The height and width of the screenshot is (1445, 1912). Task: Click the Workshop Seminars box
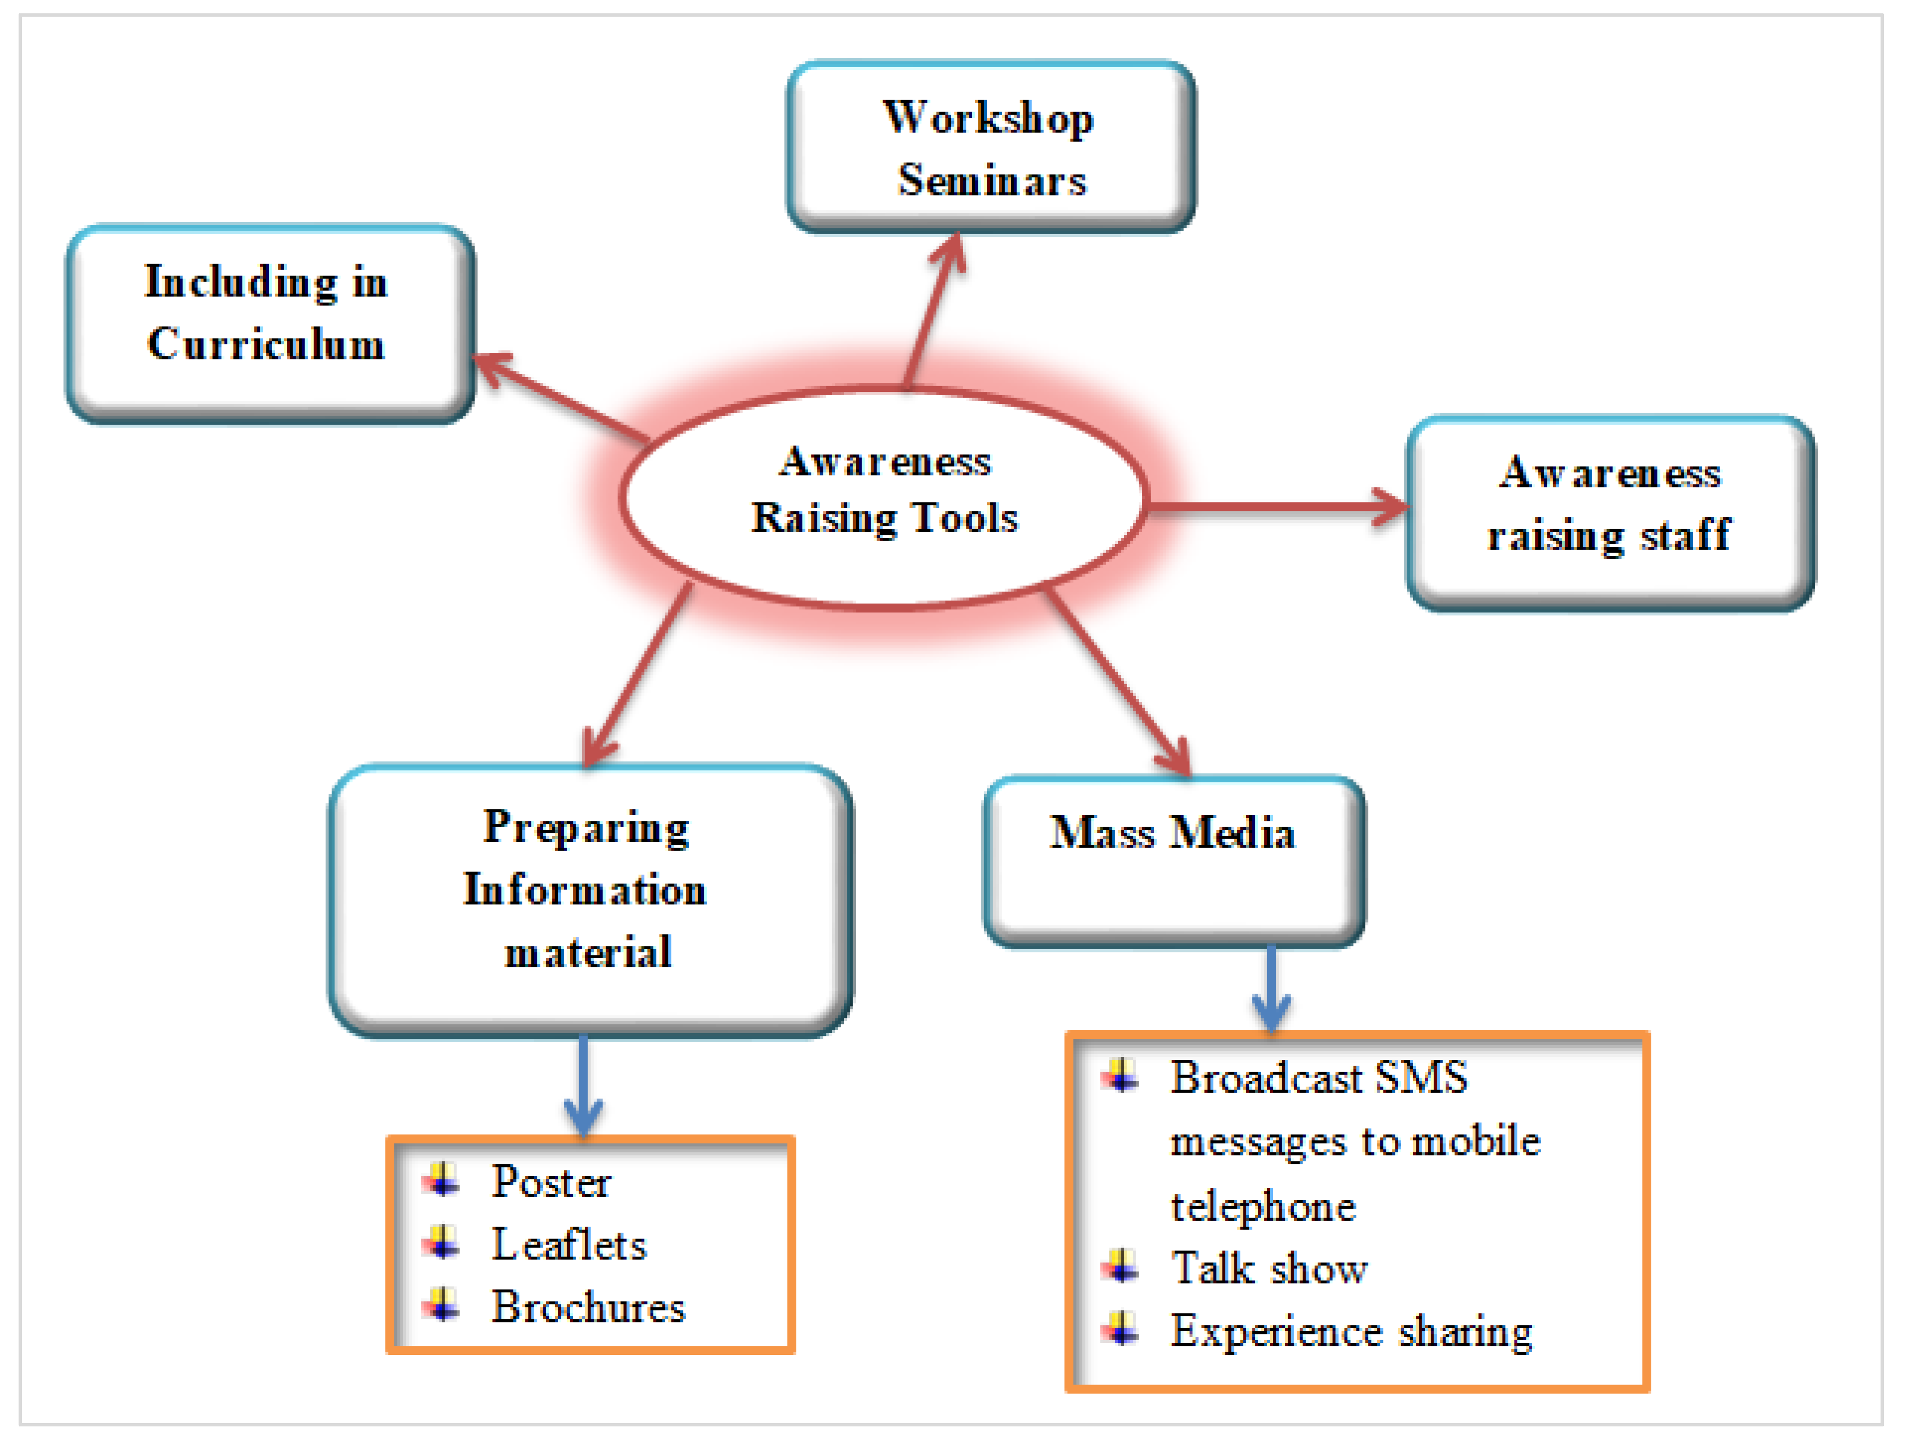pyautogui.click(x=991, y=147)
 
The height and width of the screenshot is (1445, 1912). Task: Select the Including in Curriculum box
pyautogui.click(x=270, y=324)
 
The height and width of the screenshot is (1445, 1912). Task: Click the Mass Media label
pyautogui.click(x=1172, y=834)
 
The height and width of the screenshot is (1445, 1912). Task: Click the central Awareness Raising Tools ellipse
pyautogui.click(x=884, y=497)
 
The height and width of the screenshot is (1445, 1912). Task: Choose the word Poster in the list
pyautogui.click(x=550, y=1182)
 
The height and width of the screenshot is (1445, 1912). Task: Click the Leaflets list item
pyautogui.click(x=569, y=1245)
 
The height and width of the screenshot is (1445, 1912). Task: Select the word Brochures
pyautogui.click(x=588, y=1308)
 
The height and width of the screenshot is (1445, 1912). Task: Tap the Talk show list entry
pyautogui.click(x=1269, y=1269)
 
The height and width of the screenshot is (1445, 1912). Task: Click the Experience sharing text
pyautogui.click(x=1351, y=1332)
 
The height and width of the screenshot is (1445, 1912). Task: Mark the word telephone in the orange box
pyautogui.click(x=1263, y=1206)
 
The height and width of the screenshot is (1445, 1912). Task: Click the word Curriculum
pyautogui.click(x=266, y=344)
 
